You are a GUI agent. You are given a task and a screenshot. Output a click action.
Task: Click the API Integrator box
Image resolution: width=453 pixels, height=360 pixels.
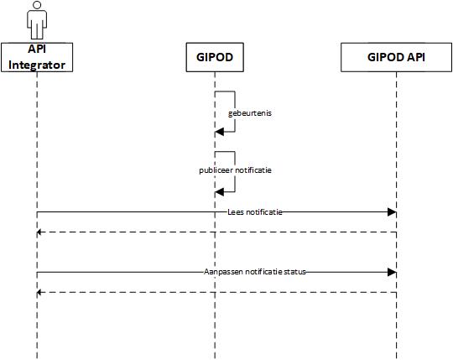pyautogui.click(x=37, y=57)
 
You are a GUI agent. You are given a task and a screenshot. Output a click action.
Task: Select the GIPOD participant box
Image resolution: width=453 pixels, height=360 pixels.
pyautogui.click(x=215, y=57)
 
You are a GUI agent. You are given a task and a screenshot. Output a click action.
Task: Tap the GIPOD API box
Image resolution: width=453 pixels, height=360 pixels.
pyautogui.click(x=396, y=57)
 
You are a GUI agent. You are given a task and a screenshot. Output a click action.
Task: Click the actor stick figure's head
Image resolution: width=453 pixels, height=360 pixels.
pyautogui.click(x=37, y=5)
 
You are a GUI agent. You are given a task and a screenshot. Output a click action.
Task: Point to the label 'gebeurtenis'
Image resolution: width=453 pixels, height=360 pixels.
pyautogui.click(x=250, y=113)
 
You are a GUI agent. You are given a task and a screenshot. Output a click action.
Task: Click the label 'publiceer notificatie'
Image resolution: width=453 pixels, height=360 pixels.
pyautogui.click(x=235, y=170)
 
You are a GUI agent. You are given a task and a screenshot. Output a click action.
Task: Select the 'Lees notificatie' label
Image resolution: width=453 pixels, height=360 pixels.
pyautogui.click(x=255, y=212)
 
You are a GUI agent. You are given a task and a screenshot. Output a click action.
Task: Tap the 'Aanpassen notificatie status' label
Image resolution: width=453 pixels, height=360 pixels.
pyautogui.click(x=255, y=272)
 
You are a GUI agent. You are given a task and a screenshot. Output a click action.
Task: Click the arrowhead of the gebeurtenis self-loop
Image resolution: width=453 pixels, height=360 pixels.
pyautogui.click(x=219, y=132)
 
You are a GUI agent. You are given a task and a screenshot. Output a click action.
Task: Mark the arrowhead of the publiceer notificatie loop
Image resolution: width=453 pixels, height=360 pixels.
pyautogui.click(x=219, y=192)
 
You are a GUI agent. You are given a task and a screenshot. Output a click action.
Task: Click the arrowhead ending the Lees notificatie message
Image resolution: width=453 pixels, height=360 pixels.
pyautogui.click(x=392, y=212)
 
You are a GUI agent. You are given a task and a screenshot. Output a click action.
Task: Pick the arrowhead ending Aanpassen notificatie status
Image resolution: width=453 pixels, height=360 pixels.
pyautogui.click(x=392, y=272)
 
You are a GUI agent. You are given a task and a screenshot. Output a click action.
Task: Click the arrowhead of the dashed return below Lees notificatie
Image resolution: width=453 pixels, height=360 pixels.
pyautogui.click(x=39, y=232)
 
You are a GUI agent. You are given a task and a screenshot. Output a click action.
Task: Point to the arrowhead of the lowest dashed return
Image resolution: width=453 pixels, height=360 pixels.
pyautogui.click(x=39, y=292)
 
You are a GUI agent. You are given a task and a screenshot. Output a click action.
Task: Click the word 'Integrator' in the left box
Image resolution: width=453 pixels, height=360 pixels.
pyautogui.click(x=37, y=65)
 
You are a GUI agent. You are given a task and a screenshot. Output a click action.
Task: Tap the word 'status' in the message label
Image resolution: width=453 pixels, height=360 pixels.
pyautogui.click(x=295, y=272)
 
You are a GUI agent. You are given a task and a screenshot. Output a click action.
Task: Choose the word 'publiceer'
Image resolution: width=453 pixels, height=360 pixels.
pyautogui.click(x=216, y=170)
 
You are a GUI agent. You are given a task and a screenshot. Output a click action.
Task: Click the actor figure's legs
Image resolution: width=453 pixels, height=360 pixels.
pyautogui.click(x=37, y=31)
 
